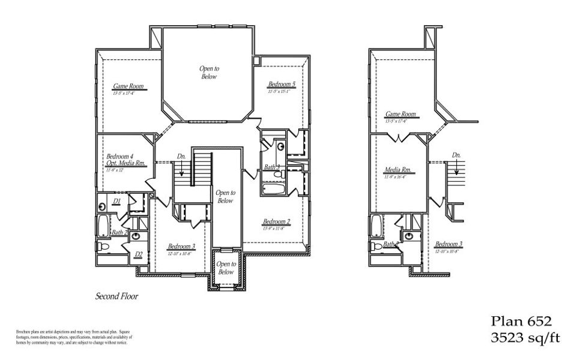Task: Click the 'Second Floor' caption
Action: [x=117, y=296]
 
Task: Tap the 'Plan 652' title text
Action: [x=521, y=321]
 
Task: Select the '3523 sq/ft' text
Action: [x=521, y=338]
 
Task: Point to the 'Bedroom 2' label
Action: [x=277, y=221]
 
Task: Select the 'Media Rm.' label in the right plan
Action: [x=397, y=170]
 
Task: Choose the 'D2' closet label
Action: [x=139, y=254]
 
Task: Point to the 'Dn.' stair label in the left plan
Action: [x=181, y=157]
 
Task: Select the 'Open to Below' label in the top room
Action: [x=209, y=73]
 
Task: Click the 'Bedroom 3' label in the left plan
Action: [x=181, y=247]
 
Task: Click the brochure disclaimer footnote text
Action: [x=70, y=337]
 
